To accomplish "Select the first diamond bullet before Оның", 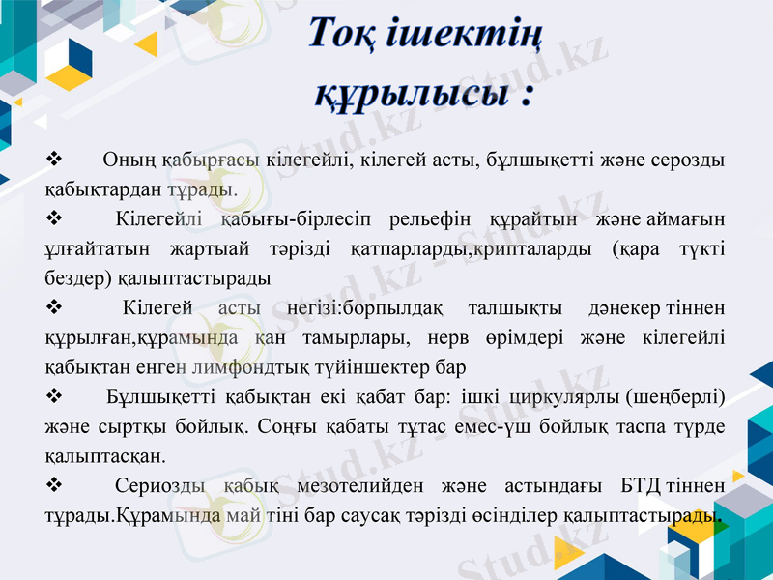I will point(55,158).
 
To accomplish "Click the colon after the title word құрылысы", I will point(527,96).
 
